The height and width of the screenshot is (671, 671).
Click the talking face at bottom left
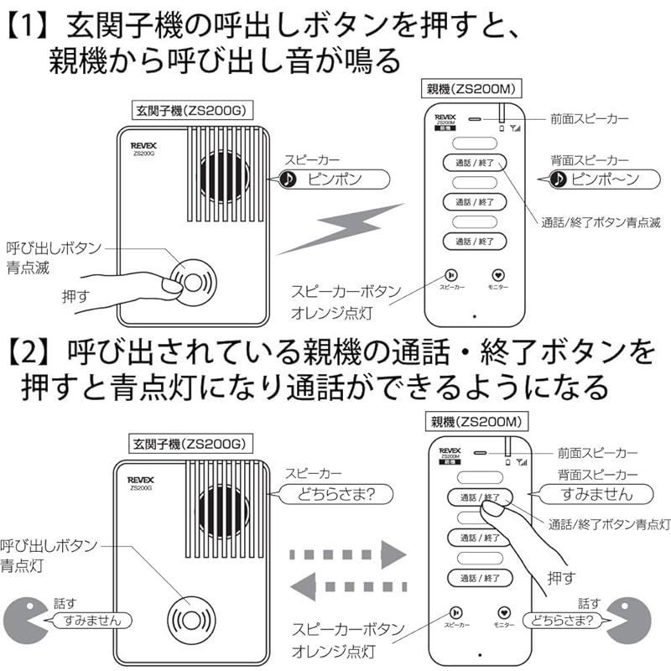pos(24,620)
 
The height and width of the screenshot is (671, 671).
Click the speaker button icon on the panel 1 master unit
pos(451,274)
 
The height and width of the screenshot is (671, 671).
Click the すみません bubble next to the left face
pos(86,621)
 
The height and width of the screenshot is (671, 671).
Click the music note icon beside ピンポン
pos(288,179)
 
